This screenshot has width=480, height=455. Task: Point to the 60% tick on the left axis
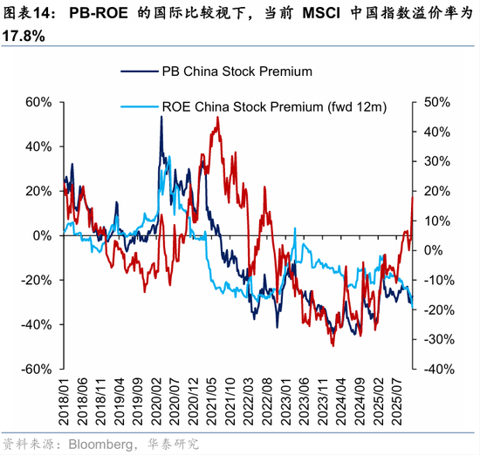click(x=38, y=102)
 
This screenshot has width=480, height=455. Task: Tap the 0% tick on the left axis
click(x=43, y=235)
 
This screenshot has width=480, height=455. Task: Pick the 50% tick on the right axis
click(x=435, y=102)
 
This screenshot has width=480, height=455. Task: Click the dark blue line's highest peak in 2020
click(x=161, y=117)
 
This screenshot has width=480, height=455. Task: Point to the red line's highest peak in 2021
click(x=217, y=118)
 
